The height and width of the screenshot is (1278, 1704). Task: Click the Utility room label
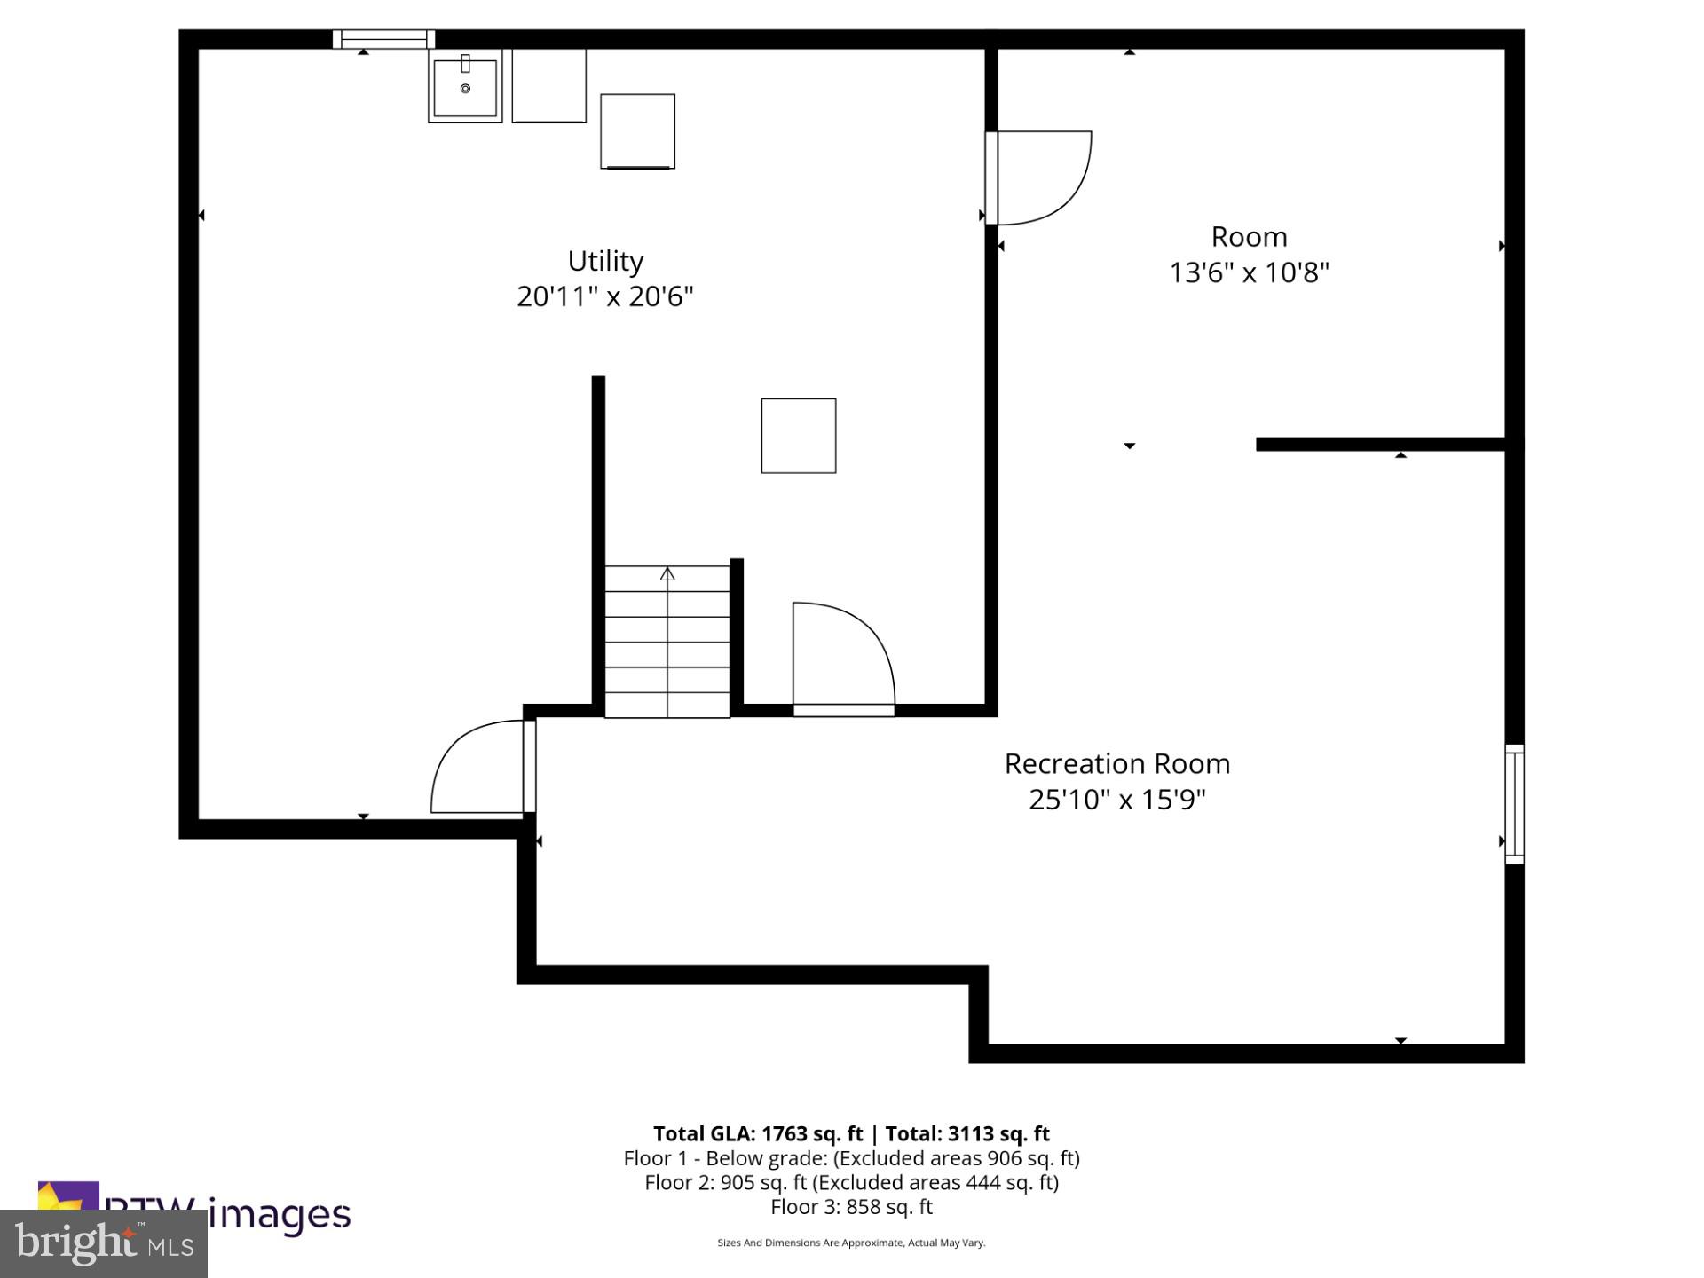coord(605,261)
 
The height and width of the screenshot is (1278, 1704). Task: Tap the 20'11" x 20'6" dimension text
coord(604,296)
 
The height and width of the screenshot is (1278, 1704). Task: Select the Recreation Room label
coord(1116,764)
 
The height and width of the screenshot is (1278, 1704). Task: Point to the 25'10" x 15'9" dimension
coord(1116,800)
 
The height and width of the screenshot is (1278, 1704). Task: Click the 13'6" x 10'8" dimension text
coord(1249,272)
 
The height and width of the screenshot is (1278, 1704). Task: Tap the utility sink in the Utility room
coord(465,86)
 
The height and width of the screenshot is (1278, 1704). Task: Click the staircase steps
coord(667,641)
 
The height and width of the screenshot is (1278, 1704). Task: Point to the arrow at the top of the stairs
coord(667,574)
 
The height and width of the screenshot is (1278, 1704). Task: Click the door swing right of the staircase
coord(841,657)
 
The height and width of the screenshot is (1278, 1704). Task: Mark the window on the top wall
coord(383,39)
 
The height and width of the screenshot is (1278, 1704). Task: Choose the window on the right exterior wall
coord(1514,804)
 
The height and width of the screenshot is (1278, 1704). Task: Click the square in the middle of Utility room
coord(798,436)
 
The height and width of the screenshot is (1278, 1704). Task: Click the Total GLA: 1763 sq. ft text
coord(758,1133)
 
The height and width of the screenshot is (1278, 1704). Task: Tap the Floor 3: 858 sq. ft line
coord(851,1207)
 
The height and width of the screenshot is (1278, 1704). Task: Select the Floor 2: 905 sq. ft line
coord(851,1182)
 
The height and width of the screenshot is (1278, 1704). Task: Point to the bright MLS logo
coord(104,1243)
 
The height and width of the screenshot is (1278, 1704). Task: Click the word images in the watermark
coord(280,1214)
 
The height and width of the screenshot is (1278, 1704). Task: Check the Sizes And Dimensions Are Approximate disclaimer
coord(851,1242)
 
